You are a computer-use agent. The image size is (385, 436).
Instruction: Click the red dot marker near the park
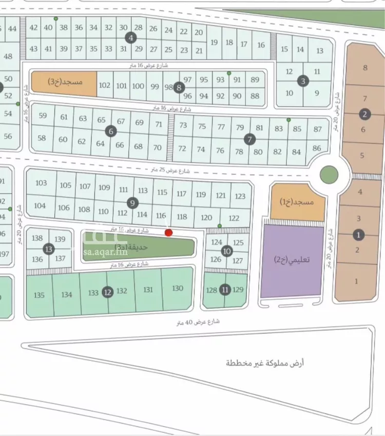168,233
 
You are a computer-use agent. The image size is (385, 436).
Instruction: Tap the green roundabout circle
329,175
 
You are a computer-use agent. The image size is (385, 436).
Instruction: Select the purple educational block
293,260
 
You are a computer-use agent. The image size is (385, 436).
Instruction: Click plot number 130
178,288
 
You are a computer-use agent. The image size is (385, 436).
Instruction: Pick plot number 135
39,295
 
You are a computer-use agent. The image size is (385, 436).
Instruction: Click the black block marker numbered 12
107,292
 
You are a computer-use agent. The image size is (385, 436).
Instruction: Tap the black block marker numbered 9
132,203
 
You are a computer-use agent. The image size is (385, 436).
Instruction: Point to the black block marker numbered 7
249,138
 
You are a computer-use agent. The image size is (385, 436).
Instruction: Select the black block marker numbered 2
364,114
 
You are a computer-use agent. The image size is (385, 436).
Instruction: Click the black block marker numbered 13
48,249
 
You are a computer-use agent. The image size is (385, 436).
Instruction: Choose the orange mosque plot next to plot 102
64,82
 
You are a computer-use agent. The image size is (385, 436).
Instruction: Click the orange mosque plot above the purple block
298,202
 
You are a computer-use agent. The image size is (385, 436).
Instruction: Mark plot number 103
41,183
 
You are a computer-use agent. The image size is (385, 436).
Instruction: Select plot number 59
43,116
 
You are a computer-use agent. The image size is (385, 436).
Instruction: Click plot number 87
318,129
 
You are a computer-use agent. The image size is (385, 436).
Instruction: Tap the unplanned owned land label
265,363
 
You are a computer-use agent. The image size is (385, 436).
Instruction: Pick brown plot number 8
365,67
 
